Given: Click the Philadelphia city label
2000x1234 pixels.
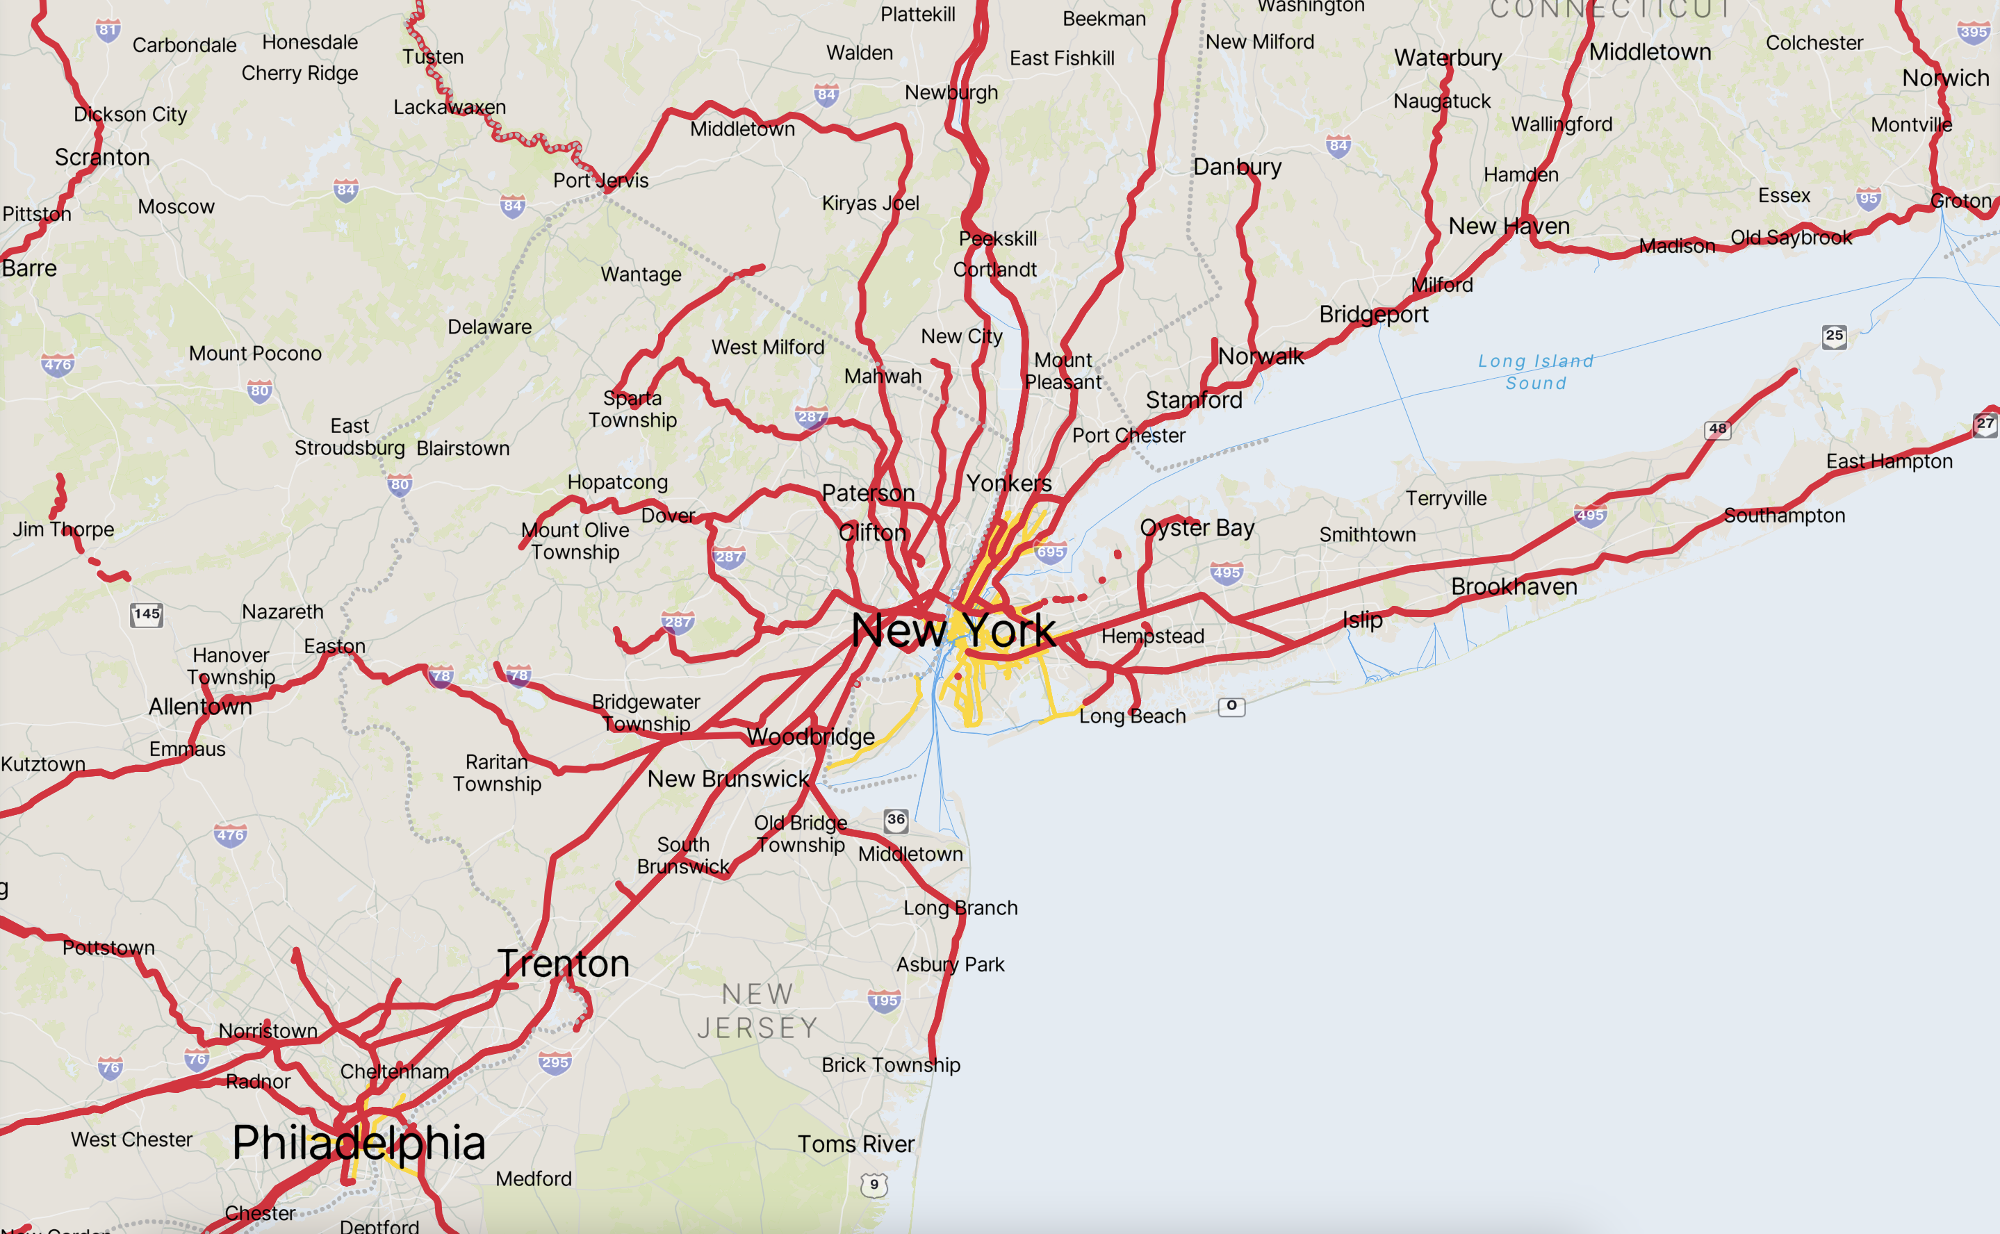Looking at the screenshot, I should [359, 1142].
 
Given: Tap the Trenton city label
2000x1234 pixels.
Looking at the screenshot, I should [564, 964].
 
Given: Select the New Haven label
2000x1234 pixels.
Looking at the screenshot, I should [1509, 226].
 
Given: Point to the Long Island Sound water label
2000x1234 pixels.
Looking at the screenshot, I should [1536, 372].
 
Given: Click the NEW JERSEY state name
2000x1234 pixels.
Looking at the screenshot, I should [757, 1011].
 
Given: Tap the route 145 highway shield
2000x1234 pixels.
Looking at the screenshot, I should [147, 614].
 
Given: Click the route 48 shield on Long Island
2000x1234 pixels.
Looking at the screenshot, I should [1718, 429].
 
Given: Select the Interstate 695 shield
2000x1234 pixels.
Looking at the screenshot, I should [1051, 552].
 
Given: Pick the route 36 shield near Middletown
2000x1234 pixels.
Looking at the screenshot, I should [896, 819].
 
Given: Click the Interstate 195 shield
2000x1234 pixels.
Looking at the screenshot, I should [884, 1001].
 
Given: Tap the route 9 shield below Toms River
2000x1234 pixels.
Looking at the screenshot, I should [874, 1184].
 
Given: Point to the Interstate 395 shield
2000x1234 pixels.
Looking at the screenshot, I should [1973, 33].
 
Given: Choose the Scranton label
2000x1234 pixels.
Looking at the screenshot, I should [102, 157].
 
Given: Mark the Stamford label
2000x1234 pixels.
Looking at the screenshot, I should [1193, 400].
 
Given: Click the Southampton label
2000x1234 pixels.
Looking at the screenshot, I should [1784, 516].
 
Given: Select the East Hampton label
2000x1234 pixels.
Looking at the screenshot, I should [1889, 462].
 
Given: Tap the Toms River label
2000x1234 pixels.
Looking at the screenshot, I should [855, 1144].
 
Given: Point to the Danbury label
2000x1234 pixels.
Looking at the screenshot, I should [1237, 167].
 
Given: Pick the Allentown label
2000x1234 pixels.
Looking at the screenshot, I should [200, 707].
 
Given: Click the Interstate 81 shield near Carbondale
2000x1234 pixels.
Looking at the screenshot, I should [108, 30].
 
